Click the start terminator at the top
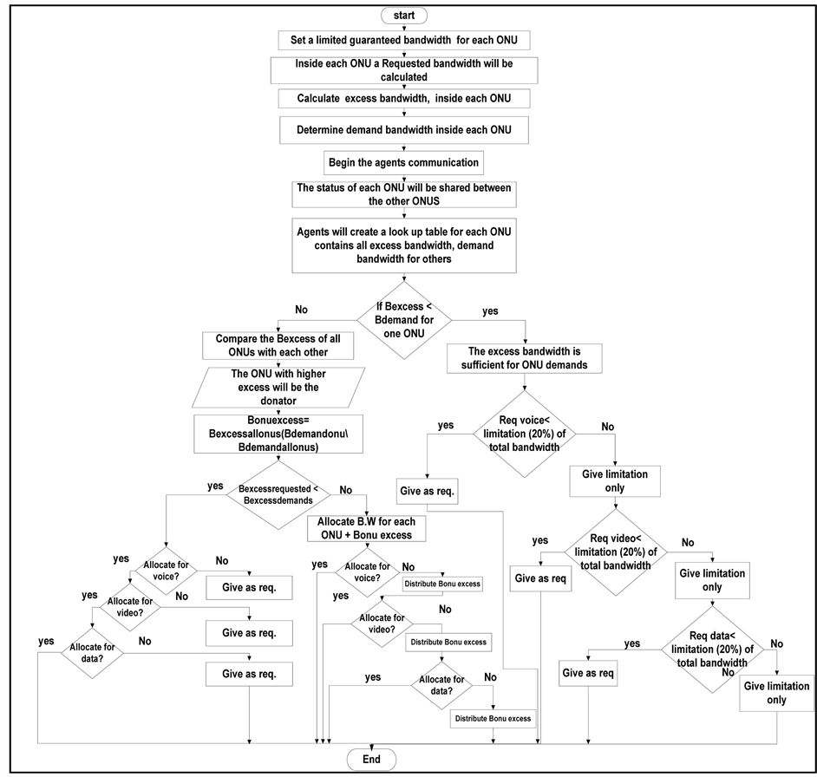click(403, 15)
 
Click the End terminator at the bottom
click(371, 759)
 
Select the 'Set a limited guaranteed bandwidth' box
click(403, 41)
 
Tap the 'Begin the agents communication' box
click(403, 162)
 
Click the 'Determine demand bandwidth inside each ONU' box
click(403, 131)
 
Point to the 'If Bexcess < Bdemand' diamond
click(403, 318)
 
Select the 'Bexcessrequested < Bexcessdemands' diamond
click(274, 493)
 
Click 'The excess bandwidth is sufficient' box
click(528, 358)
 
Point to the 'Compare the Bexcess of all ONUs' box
click(278, 346)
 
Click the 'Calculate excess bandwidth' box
click(403, 99)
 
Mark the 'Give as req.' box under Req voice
click(428, 491)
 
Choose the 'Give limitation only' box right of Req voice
click(614, 480)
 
